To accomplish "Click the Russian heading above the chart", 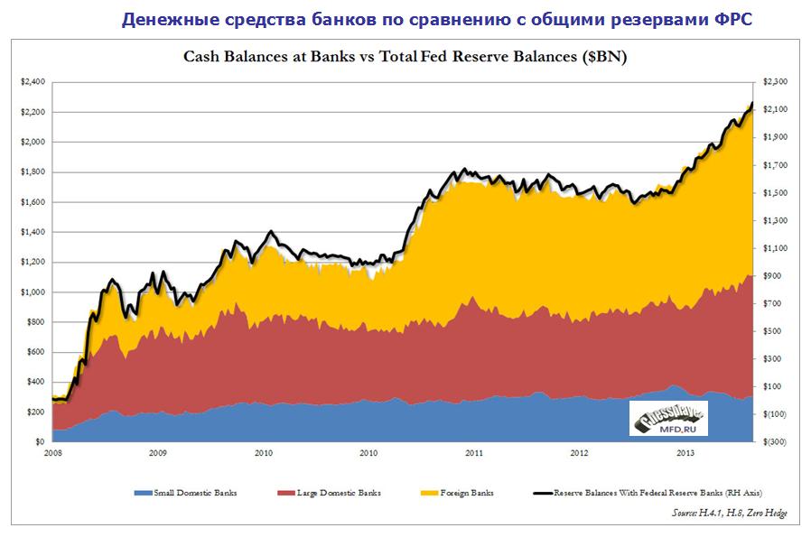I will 436,19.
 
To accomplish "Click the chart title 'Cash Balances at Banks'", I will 406,58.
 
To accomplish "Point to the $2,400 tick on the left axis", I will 33,82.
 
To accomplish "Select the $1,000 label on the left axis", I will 33,292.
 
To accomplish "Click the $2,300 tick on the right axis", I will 777,82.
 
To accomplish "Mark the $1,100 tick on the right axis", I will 777,248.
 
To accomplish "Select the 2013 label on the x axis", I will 685,453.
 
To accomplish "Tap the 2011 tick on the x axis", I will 472,453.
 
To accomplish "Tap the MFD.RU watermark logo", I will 668,418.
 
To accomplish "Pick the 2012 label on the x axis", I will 579,453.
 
